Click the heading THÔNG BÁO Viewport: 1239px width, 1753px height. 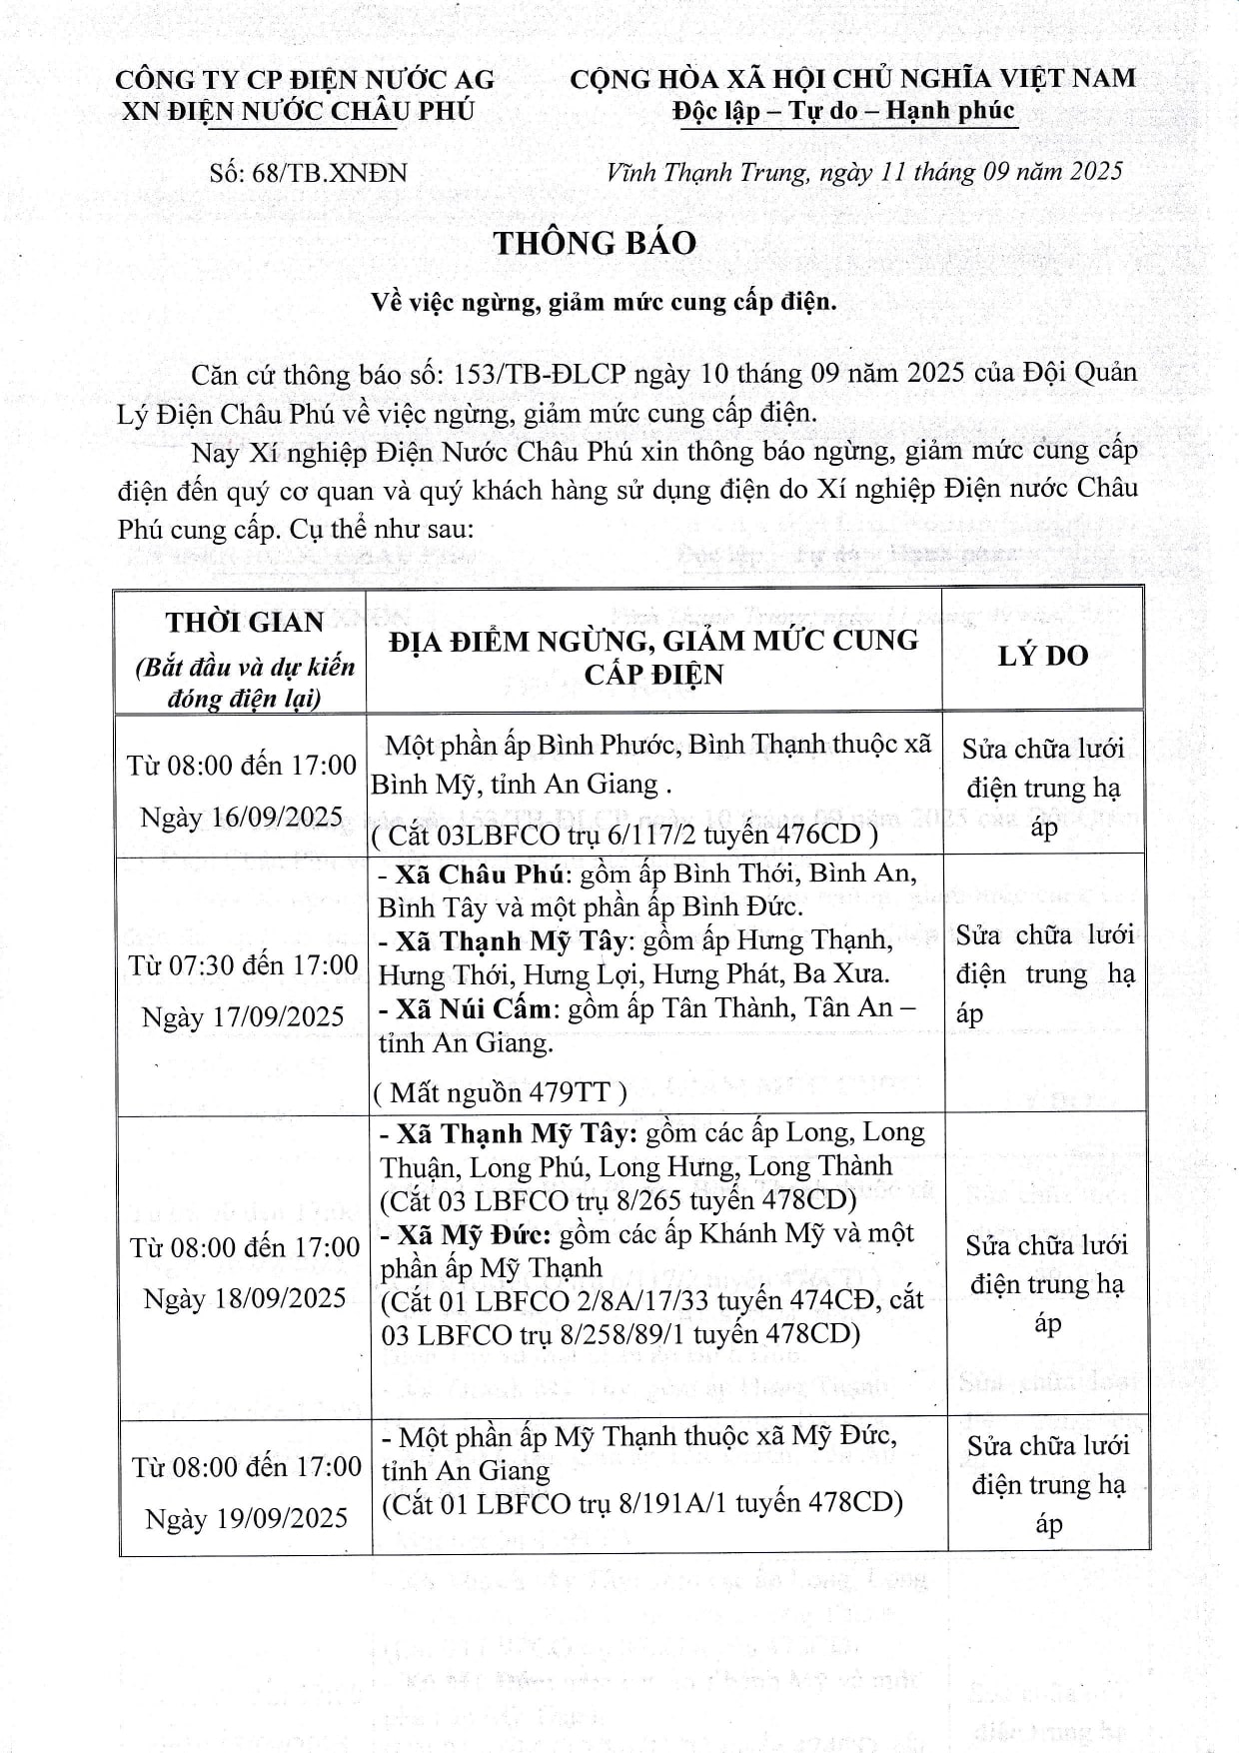coord(595,243)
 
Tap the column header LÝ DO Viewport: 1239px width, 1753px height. coord(1042,655)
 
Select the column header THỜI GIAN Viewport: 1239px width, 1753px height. coord(245,622)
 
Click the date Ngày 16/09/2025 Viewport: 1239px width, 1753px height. coord(242,817)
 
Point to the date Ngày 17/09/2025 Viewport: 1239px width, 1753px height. coord(243,1016)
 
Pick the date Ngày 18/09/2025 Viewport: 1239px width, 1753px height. coord(245,1298)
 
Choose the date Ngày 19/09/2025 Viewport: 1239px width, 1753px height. coord(247,1518)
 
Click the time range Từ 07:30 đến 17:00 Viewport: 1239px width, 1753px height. coord(243,964)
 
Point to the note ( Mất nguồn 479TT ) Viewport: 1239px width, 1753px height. coord(500,1092)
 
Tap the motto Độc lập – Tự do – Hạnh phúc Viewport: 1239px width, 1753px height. coord(843,111)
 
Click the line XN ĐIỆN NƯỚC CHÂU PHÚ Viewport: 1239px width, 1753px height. coord(298,111)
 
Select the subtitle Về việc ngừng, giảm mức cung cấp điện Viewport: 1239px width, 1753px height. coord(604,301)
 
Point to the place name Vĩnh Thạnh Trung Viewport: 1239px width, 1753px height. coord(705,172)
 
